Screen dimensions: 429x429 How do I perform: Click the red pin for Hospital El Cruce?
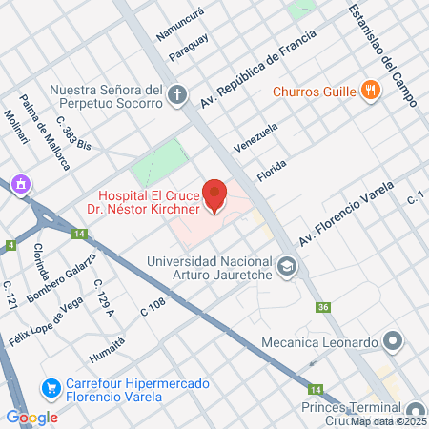pyautogui.click(x=214, y=195)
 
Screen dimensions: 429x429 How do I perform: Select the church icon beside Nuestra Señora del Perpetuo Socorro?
pyautogui.click(x=176, y=94)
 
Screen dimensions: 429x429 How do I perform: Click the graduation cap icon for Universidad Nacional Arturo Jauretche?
pyautogui.click(x=287, y=266)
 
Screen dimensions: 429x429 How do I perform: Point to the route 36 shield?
pyautogui.click(x=324, y=307)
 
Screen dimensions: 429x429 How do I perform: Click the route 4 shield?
pyautogui.click(x=10, y=245)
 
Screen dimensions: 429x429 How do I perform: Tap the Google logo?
pyautogui.click(x=32, y=417)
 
